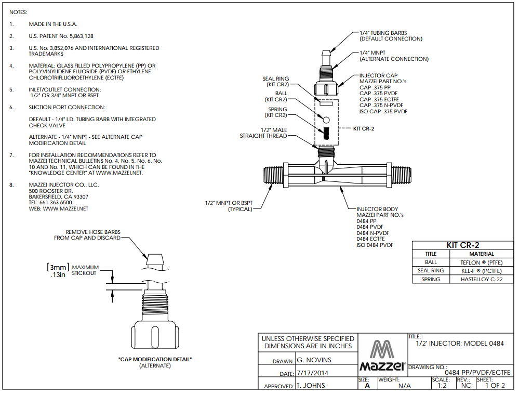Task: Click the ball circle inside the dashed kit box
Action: click(x=326, y=120)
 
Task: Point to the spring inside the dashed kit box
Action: click(x=326, y=134)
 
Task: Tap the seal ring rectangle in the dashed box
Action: click(x=326, y=103)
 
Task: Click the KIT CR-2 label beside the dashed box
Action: click(x=364, y=128)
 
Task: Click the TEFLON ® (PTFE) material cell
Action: click(x=481, y=262)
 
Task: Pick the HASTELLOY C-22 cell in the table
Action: click(x=481, y=279)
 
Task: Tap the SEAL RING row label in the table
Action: click(x=431, y=270)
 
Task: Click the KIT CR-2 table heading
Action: click(x=463, y=245)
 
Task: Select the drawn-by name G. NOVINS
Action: click(x=314, y=360)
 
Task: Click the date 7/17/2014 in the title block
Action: click(x=312, y=373)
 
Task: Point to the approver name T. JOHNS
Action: click(x=311, y=385)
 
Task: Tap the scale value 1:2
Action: click(x=442, y=385)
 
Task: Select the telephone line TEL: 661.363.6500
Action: click(x=50, y=202)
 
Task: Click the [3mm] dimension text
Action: click(x=58, y=267)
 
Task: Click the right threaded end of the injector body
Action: click(x=402, y=176)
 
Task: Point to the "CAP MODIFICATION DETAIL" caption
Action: click(x=155, y=359)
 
